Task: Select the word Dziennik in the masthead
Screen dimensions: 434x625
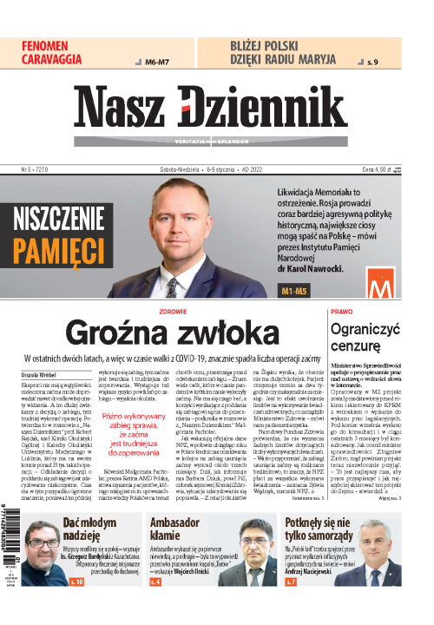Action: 273,110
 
